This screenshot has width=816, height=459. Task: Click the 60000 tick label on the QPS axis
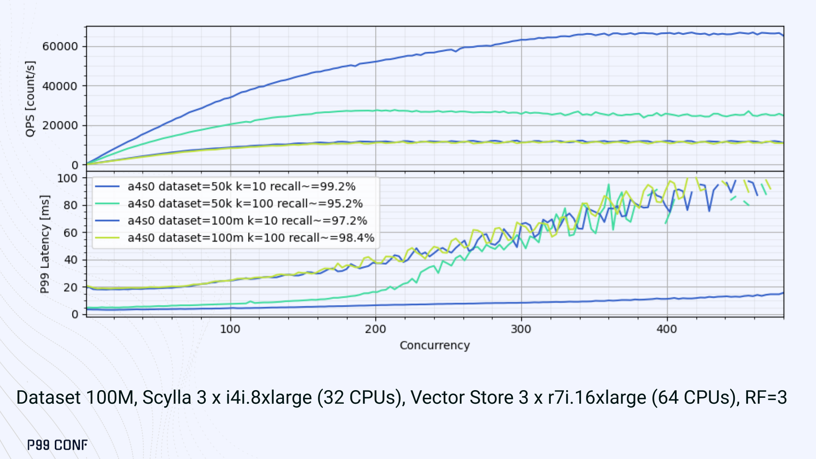pos(60,46)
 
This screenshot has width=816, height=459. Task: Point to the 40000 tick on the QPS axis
pos(60,86)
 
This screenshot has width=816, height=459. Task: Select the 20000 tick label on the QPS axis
pos(60,125)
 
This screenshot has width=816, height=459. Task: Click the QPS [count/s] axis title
pos(30,99)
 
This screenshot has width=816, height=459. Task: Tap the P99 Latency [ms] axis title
pos(45,244)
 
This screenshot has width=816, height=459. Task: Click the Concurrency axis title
pos(435,345)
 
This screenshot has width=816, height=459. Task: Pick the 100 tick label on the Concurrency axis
pos(230,329)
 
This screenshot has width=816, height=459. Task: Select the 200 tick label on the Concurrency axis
pos(375,329)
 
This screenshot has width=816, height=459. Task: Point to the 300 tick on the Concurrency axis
pos(521,329)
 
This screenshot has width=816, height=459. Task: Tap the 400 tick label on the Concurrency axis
pos(666,329)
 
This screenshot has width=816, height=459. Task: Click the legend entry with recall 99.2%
pos(241,187)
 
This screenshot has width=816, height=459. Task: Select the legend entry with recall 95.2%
pos(245,204)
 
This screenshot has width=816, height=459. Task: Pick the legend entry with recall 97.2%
pos(247,221)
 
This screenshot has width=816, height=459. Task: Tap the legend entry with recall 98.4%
pos(251,238)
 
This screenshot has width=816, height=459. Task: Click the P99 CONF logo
pos(57,445)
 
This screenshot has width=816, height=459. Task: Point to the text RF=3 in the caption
pos(766,397)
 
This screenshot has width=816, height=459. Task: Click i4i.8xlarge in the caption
pos(269,397)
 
